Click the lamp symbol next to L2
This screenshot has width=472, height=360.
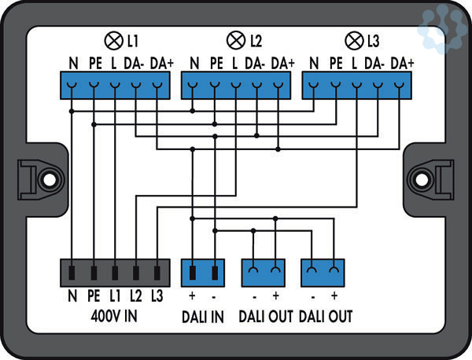tap(234, 39)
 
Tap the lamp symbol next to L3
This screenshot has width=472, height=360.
tap(352, 39)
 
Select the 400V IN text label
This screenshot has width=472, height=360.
tap(114, 316)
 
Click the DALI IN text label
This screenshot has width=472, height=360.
tap(203, 316)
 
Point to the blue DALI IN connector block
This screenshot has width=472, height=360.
tap(203, 273)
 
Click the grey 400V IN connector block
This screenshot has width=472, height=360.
tap(115, 273)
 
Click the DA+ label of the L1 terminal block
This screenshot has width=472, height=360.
tap(160, 62)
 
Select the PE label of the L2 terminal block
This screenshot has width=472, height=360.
tap(216, 62)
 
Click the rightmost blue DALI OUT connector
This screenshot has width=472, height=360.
tap(324, 273)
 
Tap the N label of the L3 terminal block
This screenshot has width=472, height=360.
tap(315, 62)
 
